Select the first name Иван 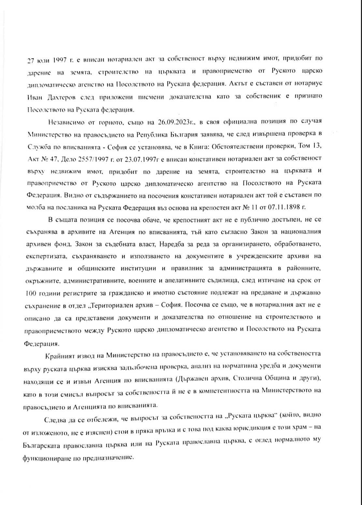click(33, 97)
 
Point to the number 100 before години click(31, 292)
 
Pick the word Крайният click(60, 353)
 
